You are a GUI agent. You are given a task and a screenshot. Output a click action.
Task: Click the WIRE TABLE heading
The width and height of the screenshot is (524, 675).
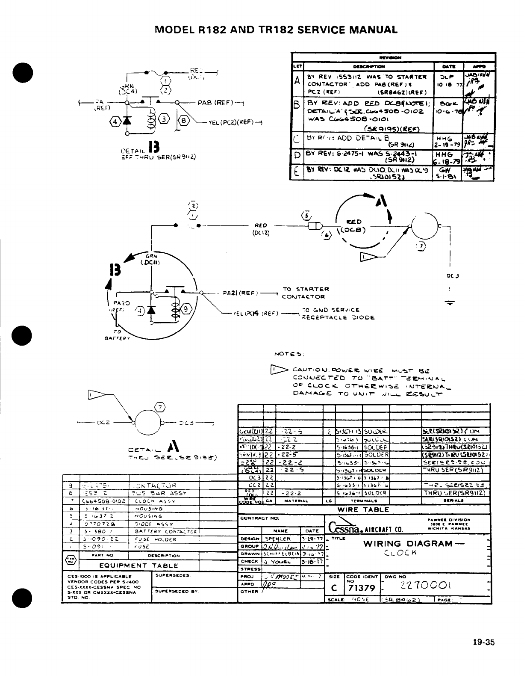[x=363, y=509]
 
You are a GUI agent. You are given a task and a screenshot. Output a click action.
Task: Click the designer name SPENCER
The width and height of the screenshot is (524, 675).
[x=278, y=539]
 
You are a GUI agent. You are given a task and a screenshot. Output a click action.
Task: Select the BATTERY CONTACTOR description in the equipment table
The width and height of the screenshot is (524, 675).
[x=165, y=532]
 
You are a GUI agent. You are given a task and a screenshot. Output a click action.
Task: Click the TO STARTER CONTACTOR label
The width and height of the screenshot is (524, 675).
[x=306, y=293]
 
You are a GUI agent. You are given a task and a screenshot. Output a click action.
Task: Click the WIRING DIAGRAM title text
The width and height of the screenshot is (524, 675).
[x=408, y=544]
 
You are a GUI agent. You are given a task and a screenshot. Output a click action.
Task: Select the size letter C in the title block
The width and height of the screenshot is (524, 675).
[x=333, y=589]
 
